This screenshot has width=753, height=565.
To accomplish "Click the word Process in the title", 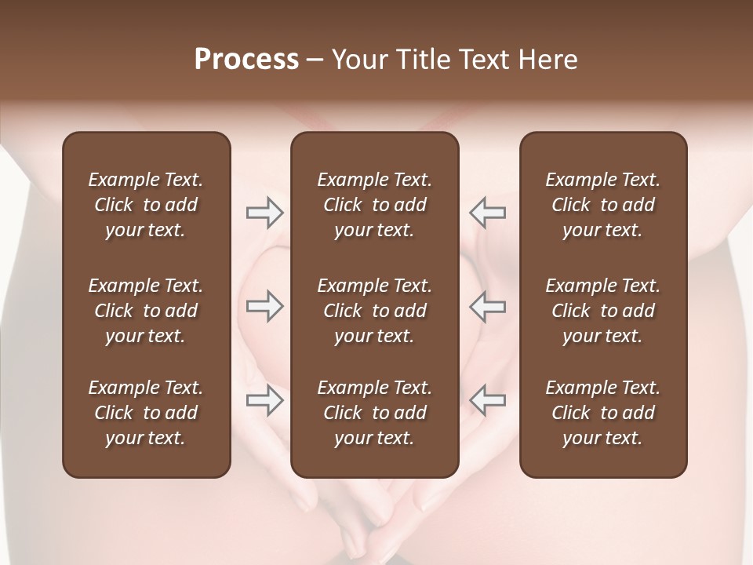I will tap(246, 60).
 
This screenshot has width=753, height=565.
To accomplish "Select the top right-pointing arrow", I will tap(265, 212).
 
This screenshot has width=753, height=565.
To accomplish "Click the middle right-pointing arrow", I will tap(265, 306).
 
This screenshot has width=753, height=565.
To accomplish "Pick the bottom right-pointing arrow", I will tap(265, 400).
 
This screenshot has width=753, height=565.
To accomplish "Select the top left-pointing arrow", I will tap(487, 212).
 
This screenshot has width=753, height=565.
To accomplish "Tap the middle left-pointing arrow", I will tap(487, 306).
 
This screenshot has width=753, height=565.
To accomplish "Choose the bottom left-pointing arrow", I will tap(487, 400).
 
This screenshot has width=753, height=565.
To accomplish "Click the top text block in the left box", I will tap(146, 205).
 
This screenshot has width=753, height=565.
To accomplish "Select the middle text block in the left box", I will tap(146, 311).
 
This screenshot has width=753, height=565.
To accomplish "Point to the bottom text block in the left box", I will tap(146, 413).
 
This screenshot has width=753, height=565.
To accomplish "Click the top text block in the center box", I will tap(374, 205).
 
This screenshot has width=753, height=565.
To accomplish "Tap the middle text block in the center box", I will tap(374, 311).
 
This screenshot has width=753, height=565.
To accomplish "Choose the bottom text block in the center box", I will tap(374, 413).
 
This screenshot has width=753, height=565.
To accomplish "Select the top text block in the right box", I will tap(602, 205).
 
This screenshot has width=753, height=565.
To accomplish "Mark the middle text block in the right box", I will tap(602, 311).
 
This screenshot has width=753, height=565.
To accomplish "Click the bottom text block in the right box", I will tap(602, 413).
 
